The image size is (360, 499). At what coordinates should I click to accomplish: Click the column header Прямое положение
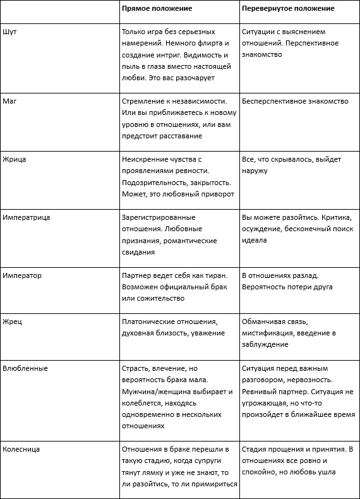[x=157, y=9]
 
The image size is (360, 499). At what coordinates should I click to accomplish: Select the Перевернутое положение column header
[x=288, y=9]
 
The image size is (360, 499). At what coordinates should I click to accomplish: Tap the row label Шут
[x=9, y=31]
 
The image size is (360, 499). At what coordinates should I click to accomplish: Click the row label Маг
[x=10, y=101]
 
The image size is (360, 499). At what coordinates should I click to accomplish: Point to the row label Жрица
[x=15, y=159]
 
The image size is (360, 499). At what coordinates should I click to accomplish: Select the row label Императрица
[x=27, y=217]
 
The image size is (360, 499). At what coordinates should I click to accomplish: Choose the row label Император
[x=22, y=275]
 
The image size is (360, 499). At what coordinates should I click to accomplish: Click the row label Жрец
[x=13, y=322]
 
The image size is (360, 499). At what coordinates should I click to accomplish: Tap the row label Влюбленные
[x=25, y=368]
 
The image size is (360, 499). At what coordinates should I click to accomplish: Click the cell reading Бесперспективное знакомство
[x=295, y=101]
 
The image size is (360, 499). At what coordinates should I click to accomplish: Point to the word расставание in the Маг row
[x=181, y=136]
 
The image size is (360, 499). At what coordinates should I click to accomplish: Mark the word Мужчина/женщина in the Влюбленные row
[x=155, y=391]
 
